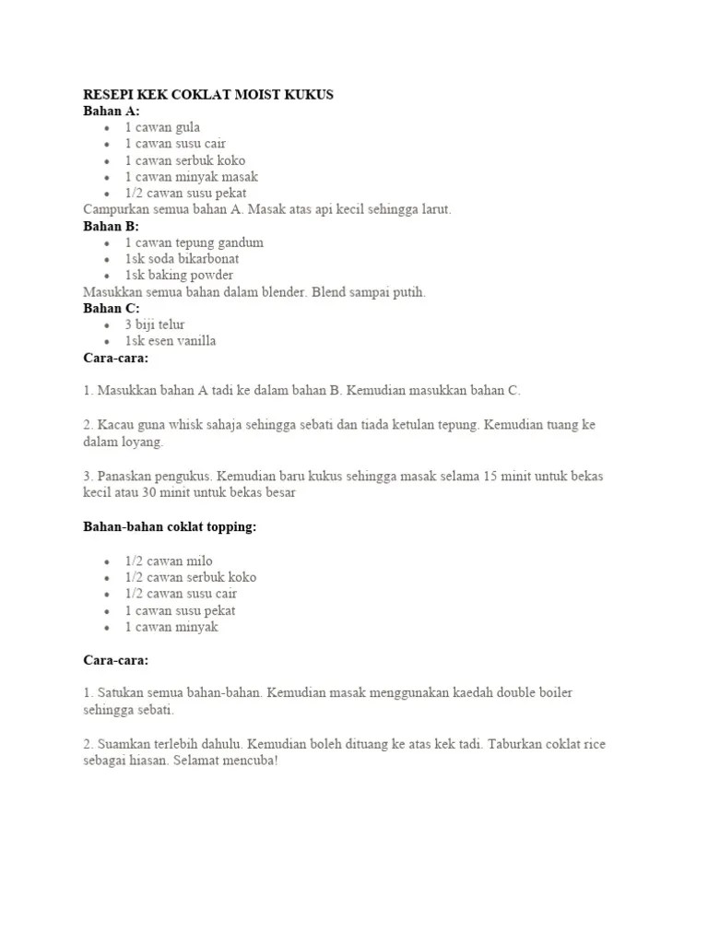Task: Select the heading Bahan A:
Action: point(112,112)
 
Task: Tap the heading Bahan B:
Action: point(112,226)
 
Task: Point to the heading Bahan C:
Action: point(112,309)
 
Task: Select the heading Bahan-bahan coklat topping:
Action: point(171,527)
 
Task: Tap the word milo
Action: point(199,560)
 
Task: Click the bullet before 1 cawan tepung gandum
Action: point(108,242)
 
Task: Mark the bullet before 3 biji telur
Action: point(108,325)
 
